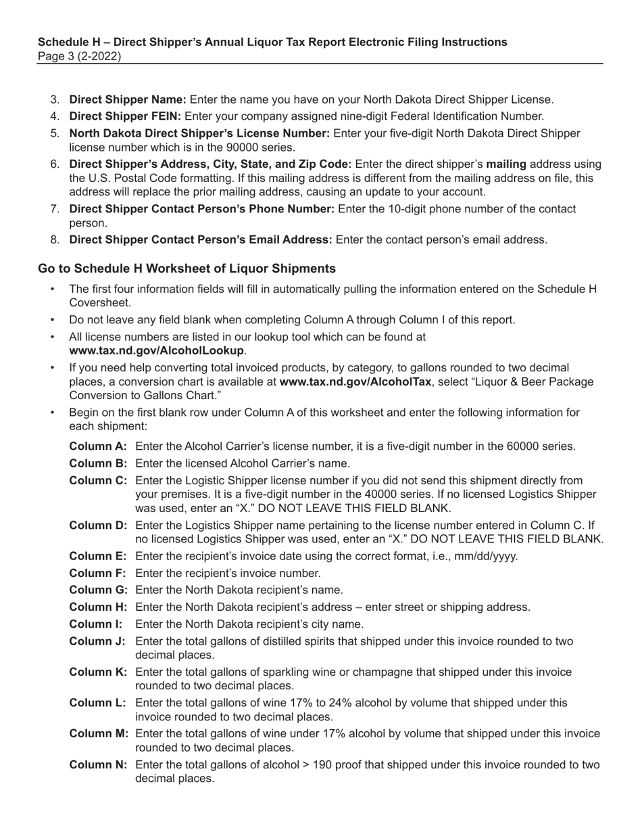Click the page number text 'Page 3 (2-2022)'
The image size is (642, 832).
point(79,56)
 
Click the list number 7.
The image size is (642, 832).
point(55,209)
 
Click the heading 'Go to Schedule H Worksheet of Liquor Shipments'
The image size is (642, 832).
point(187,269)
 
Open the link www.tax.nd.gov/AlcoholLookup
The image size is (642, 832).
point(156,350)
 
